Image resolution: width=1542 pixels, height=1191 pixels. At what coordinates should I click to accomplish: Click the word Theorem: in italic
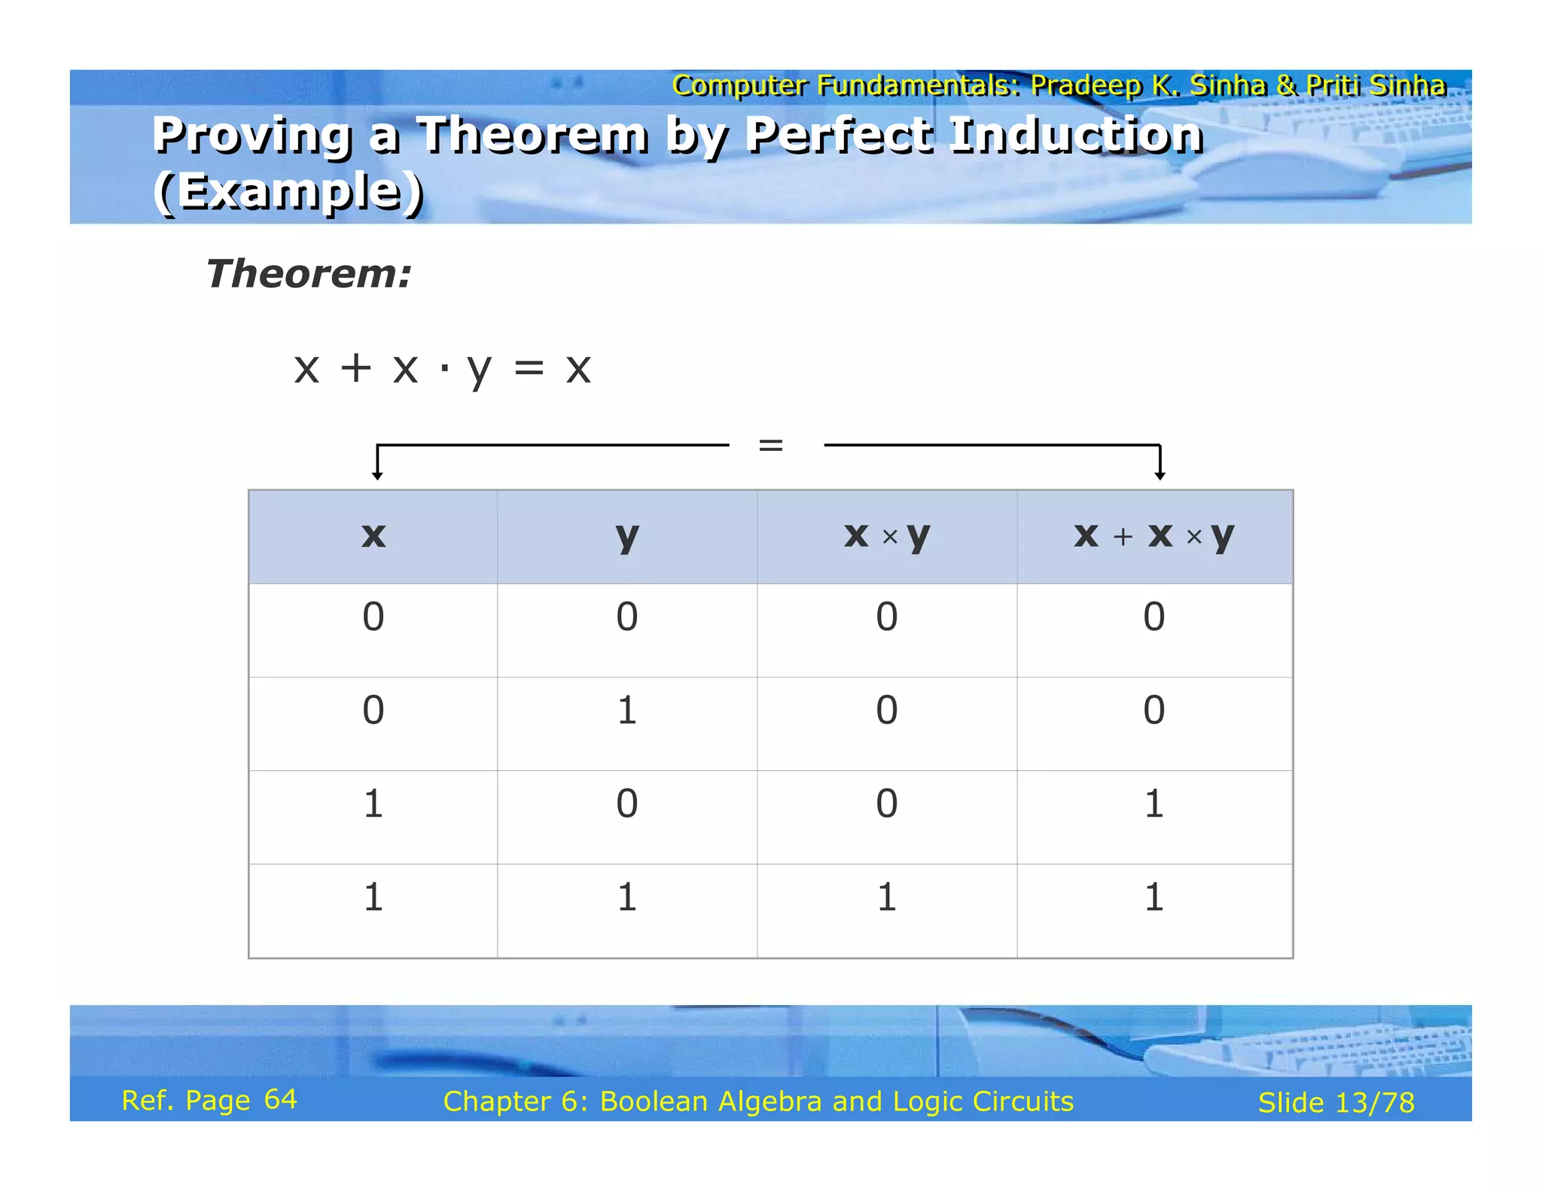pyautogui.click(x=309, y=273)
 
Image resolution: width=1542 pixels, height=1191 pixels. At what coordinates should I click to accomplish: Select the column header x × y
pyautogui.click(x=887, y=536)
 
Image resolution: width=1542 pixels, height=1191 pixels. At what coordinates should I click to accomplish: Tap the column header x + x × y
pyautogui.click(x=1153, y=536)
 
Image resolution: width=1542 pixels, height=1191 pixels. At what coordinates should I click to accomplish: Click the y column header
pyautogui.click(x=626, y=536)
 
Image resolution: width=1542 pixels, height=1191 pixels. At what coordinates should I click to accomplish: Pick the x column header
pyautogui.click(x=373, y=536)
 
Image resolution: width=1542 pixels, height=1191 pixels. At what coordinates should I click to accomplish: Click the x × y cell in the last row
pyautogui.click(x=887, y=897)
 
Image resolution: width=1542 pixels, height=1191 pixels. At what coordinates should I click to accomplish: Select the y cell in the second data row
pyautogui.click(x=626, y=710)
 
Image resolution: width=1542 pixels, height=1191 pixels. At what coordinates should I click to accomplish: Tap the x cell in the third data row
pyautogui.click(x=373, y=803)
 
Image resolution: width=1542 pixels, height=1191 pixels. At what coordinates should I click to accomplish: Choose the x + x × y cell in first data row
pyautogui.click(x=1153, y=617)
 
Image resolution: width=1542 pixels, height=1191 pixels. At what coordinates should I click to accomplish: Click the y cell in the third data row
pyautogui.click(x=626, y=803)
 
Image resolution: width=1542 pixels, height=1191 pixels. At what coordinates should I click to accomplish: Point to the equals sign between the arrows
pyautogui.click(x=771, y=445)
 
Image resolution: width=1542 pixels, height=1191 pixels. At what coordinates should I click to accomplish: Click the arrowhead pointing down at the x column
pyautogui.click(x=377, y=474)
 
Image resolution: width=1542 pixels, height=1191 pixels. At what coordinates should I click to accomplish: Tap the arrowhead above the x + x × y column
pyautogui.click(x=1160, y=474)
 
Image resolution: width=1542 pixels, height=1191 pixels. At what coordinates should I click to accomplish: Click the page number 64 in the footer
pyautogui.click(x=281, y=1100)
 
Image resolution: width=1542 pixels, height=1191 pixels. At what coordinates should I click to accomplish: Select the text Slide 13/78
pyautogui.click(x=1336, y=1103)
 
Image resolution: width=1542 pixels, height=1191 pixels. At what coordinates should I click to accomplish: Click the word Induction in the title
pyautogui.click(x=1077, y=135)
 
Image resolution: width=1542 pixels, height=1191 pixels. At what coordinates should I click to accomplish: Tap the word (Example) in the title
pyautogui.click(x=288, y=191)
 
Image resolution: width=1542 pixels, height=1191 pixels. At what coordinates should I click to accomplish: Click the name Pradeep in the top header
pyautogui.click(x=1086, y=85)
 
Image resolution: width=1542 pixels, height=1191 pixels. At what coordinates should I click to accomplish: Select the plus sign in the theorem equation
pyautogui.click(x=355, y=368)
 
